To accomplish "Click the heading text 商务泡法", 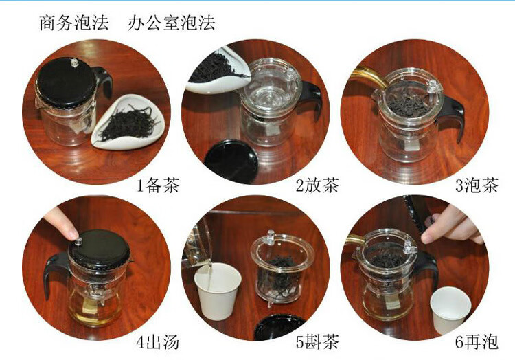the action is [x=74, y=23].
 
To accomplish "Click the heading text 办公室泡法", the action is [x=172, y=23].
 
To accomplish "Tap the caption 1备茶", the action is [x=159, y=185].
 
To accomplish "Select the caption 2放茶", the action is [x=317, y=185].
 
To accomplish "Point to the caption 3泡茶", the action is [x=477, y=185].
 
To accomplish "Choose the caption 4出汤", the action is [x=158, y=342].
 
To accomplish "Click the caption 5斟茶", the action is [x=317, y=342].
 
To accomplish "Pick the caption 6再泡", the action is [x=477, y=342].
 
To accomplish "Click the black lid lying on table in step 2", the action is [x=231, y=161].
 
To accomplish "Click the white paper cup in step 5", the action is [x=218, y=291].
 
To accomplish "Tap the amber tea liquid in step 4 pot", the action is [x=93, y=312].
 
